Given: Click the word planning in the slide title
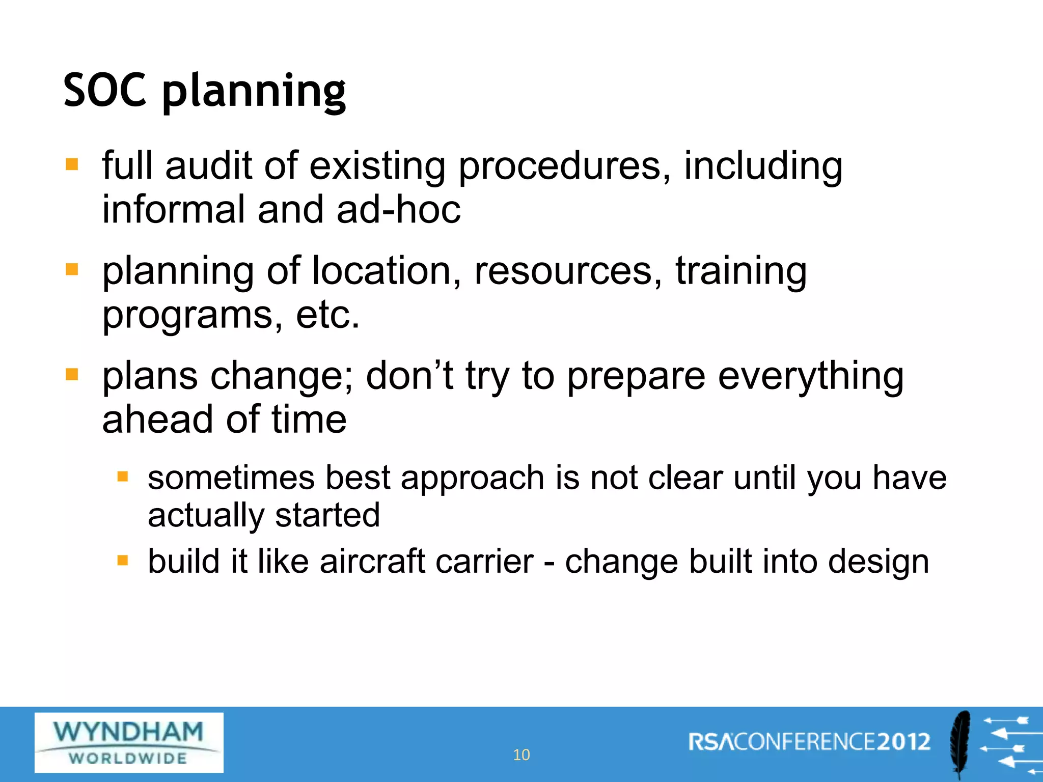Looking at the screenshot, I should click(x=254, y=92).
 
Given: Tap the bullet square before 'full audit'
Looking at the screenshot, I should click(x=72, y=164).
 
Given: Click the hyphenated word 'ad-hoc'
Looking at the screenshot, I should click(x=398, y=209).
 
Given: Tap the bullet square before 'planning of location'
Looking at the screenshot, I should click(x=72, y=269).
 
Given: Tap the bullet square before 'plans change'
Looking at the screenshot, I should click(x=72, y=375).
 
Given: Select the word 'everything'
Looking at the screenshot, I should click(x=811, y=377).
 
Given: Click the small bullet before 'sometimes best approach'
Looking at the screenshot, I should click(x=122, y=477).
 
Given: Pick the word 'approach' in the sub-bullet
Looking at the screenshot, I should click(x=473, y=479).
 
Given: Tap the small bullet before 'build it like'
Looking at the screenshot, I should click(x=122, y=561).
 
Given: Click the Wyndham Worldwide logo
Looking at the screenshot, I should click(x=129, y=743).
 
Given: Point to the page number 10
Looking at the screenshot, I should click(x=521, y=755).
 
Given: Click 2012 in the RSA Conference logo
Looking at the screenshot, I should click(x=903, y=742).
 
